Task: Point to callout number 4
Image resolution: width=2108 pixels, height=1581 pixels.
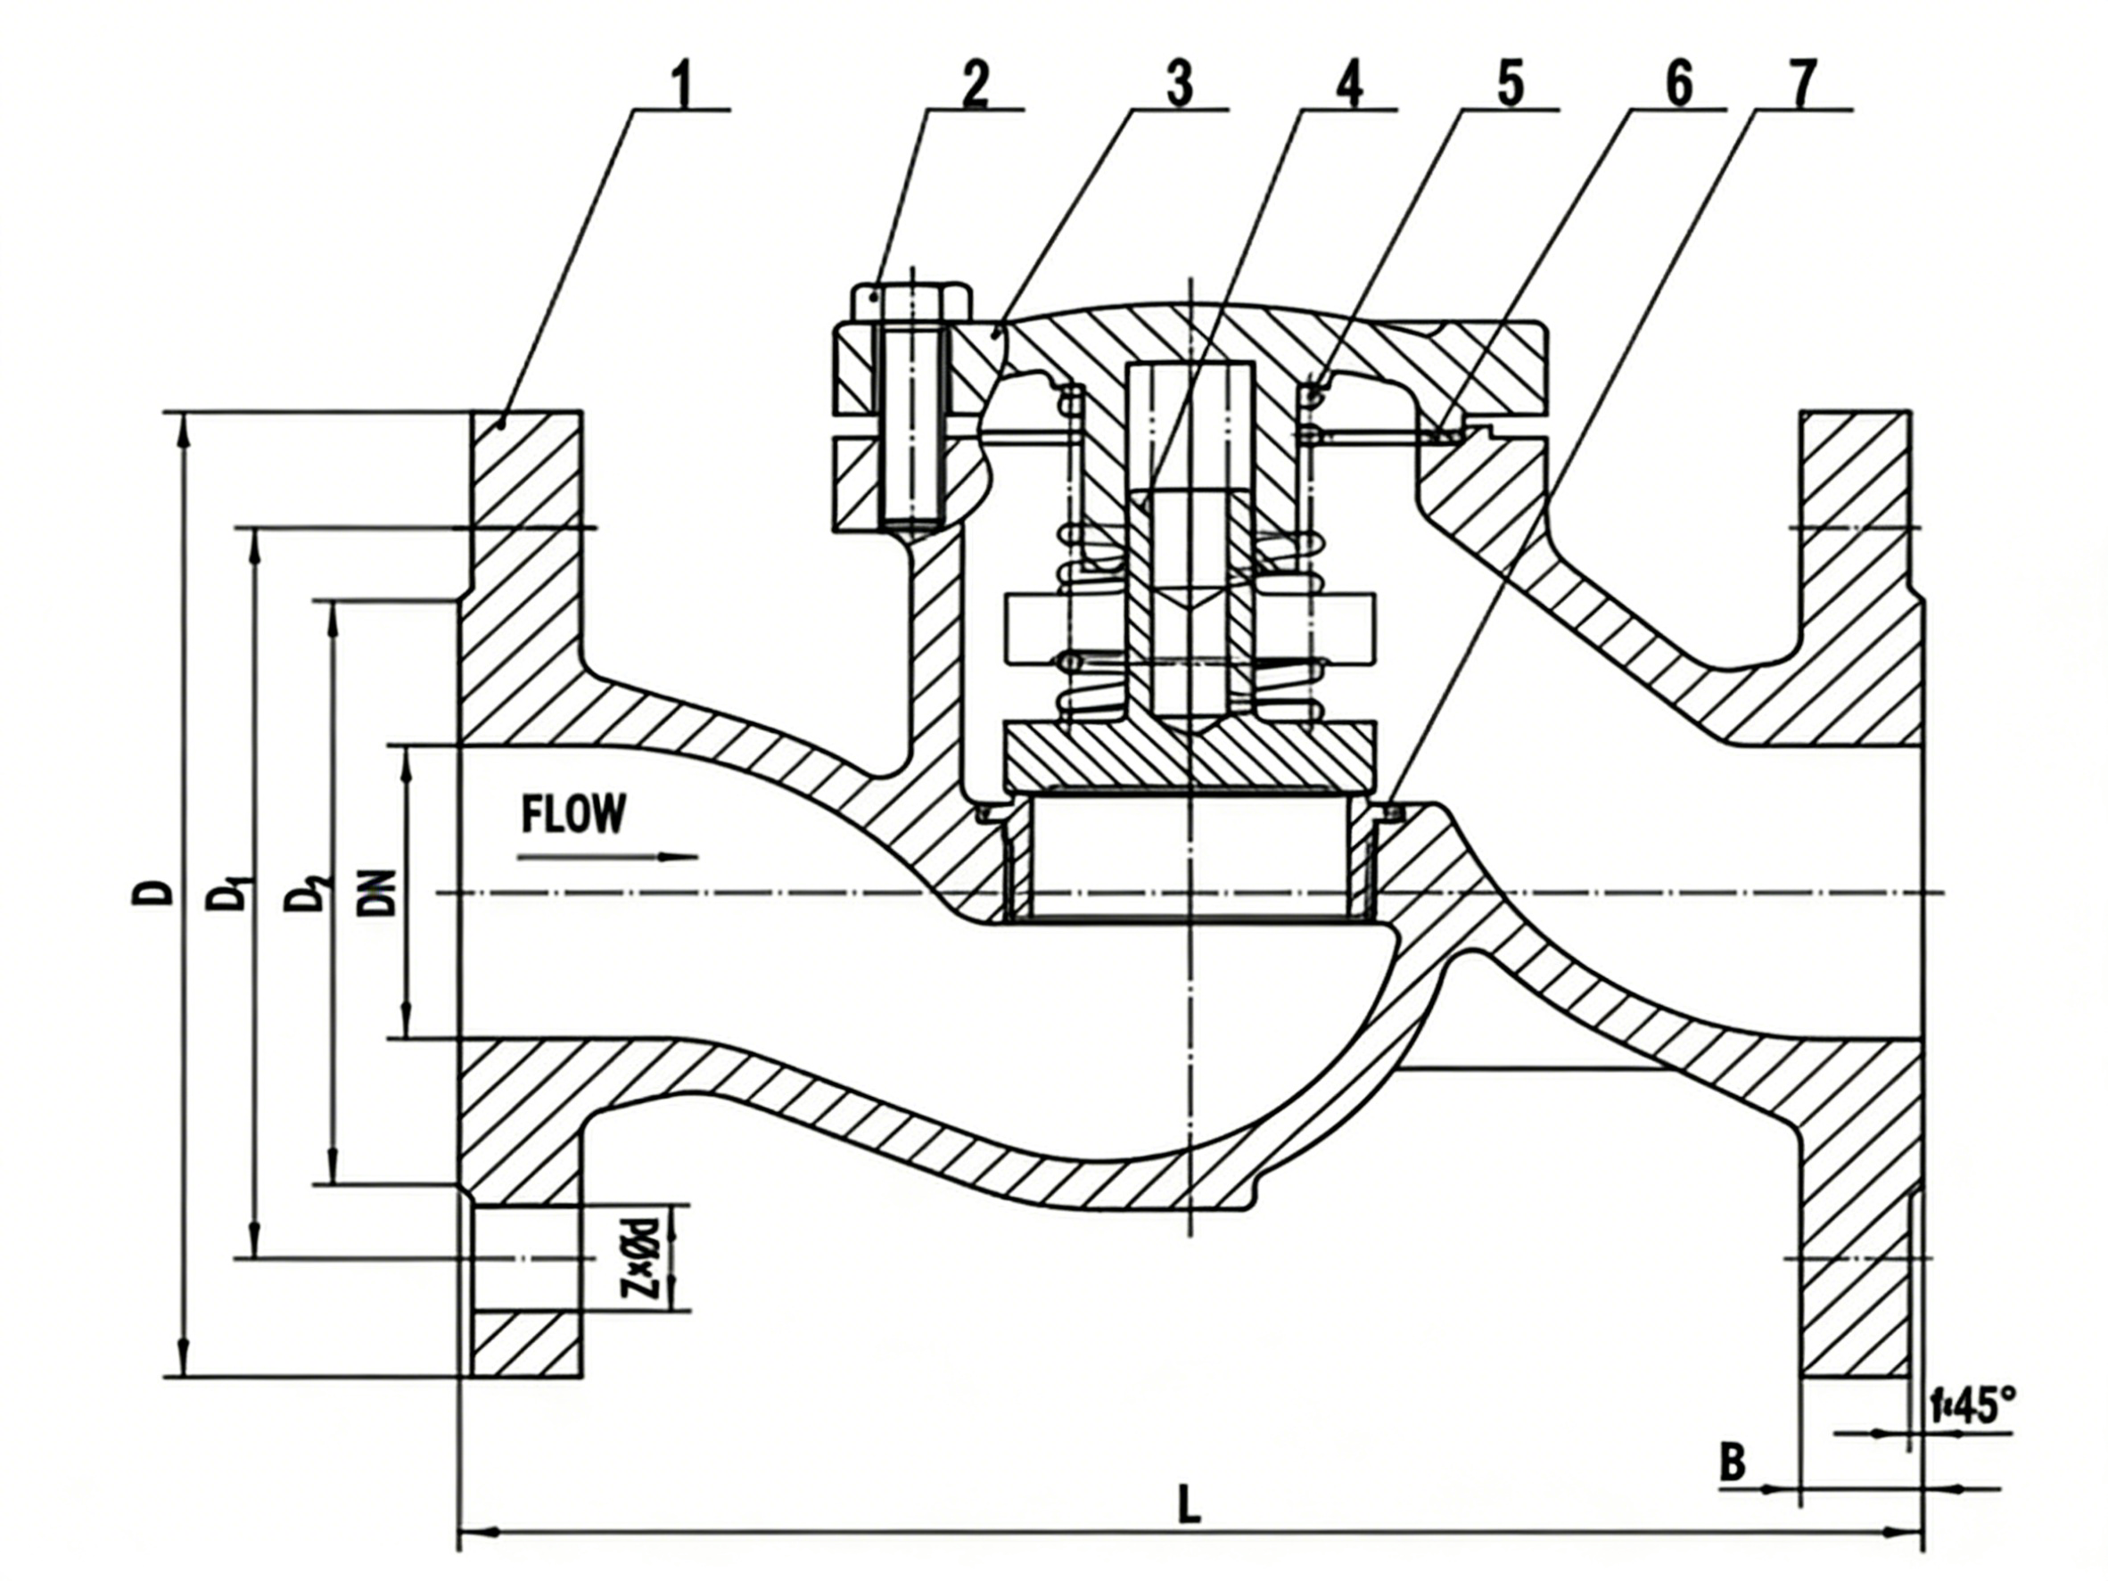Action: tap(1347, 86)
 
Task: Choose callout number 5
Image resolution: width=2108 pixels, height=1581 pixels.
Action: tap(1510, 86)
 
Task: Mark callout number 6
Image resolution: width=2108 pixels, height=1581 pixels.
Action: tap(1678, 86)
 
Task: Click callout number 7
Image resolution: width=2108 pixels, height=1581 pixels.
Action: tap(1804, 86)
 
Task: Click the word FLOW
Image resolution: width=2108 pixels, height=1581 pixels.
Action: tap(574, 815)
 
